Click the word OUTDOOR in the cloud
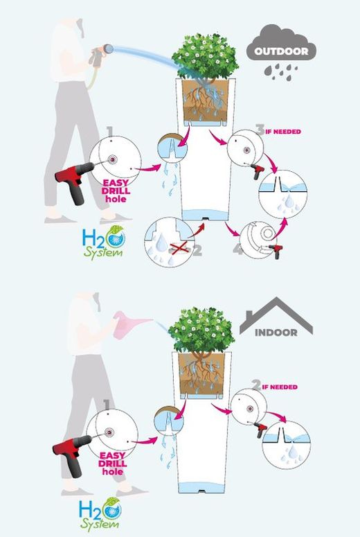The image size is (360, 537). coord(281,51)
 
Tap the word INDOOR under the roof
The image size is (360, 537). coord(276,333)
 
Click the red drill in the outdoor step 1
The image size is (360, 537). coord(74,182)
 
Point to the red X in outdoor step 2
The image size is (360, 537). coord(179,247)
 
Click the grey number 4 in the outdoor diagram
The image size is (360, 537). coord(238,249)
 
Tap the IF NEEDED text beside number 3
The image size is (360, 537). coord(283,132)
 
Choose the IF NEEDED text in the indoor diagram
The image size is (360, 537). coord(280,387)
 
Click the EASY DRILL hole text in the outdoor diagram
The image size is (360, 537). coord(116,191)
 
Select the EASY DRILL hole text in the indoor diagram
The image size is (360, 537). coord(112,464)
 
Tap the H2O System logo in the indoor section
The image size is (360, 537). coord(100,513)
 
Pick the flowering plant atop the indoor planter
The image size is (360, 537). coord(201,329)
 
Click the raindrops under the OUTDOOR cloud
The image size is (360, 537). coord(280,72)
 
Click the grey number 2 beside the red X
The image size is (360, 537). coord(197,250)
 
